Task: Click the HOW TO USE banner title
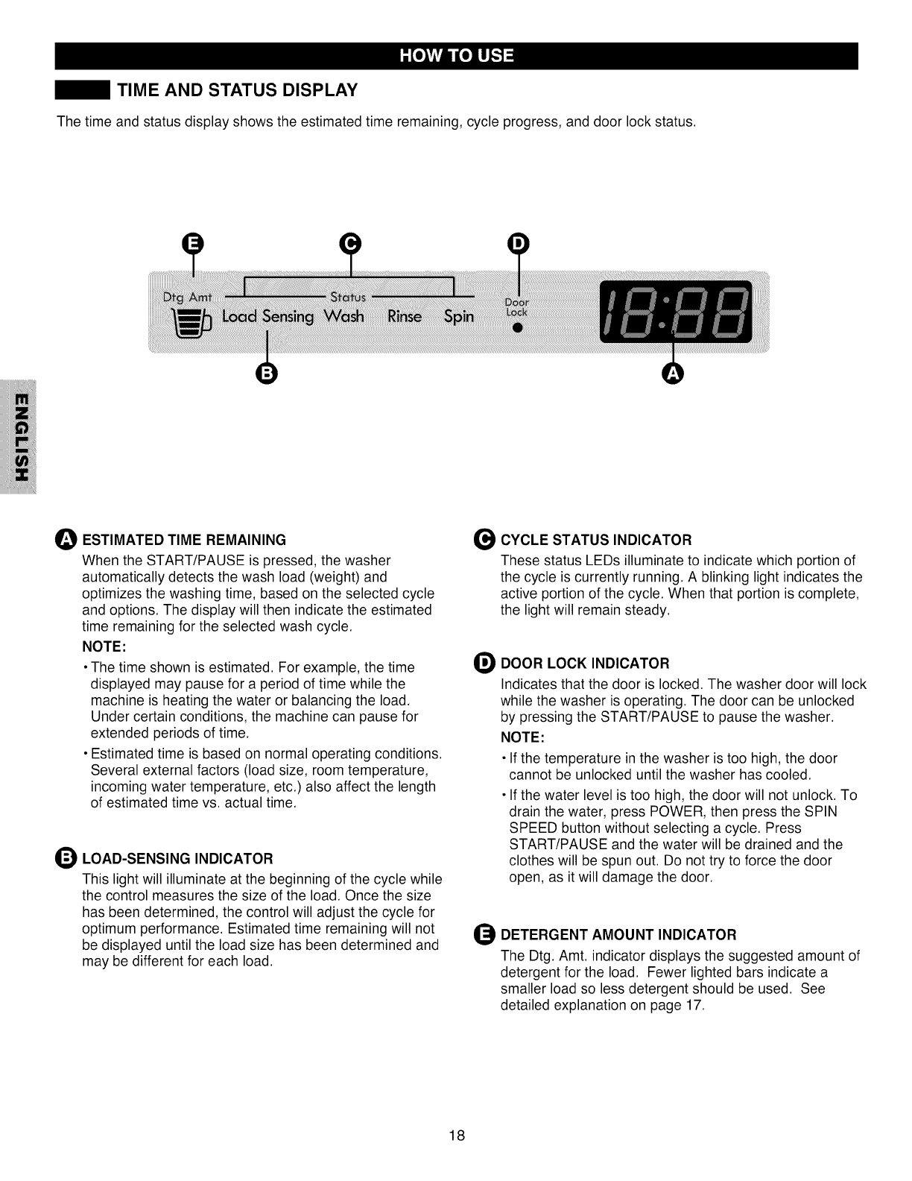click(x=456, y=56)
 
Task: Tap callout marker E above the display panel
click(x=192, y=244)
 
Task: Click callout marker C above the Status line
click(x=350, y=244)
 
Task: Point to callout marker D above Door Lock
click(x=517, y=244)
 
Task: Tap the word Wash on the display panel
click(x=344, y=316)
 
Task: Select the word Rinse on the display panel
click(x=405, y=316)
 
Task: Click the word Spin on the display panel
click(x=459, y=316)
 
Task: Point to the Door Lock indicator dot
click(x=516, y=327)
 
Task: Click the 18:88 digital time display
click(x=676, y=313)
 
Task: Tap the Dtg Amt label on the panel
click(x=188, y=297)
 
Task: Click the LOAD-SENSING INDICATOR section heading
click(x=177, y=858)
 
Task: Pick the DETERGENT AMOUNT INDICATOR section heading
click(x=618, y=935)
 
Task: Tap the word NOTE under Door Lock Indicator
click(x=522, y=737)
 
